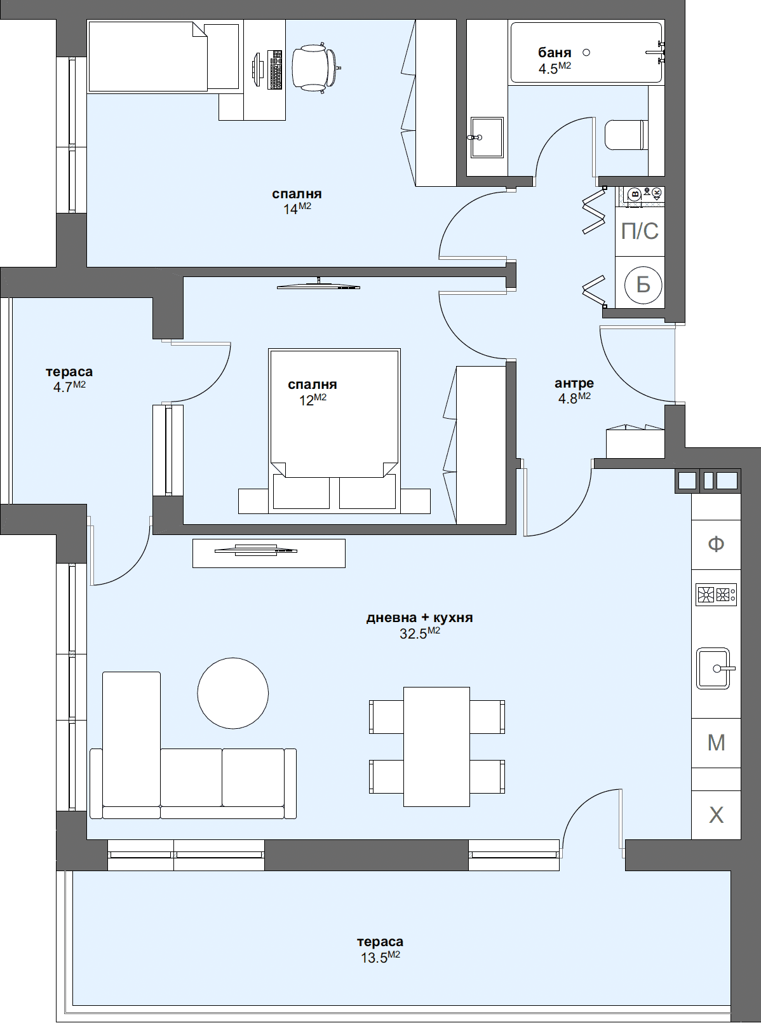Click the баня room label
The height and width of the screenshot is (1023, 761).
coord(555,53)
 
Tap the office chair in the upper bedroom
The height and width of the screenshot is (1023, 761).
coord(314,67)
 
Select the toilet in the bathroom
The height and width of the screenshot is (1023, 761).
coord(626,135)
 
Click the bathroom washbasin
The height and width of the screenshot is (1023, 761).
coord(487,137)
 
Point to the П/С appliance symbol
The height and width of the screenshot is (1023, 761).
coord(640,231)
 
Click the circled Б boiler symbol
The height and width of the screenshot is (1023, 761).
coord(643,285)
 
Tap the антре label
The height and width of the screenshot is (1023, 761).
coord(574,383)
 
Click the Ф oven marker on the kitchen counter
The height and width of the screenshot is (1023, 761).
coord(716,544)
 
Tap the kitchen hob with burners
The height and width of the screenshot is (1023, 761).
coord(716,595)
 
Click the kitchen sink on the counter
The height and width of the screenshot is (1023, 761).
coord(714,668)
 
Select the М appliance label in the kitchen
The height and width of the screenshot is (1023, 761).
coord(716,742)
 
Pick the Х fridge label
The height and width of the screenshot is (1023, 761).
coord(716,815)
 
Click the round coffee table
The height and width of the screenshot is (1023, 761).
coord(233,693)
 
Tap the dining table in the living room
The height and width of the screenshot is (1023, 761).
coord(436,747)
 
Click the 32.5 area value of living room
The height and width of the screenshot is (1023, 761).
coord(413,634)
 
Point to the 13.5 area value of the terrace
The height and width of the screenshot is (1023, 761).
coord(374,958)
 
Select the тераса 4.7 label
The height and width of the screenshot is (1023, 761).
coord(69,372)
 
